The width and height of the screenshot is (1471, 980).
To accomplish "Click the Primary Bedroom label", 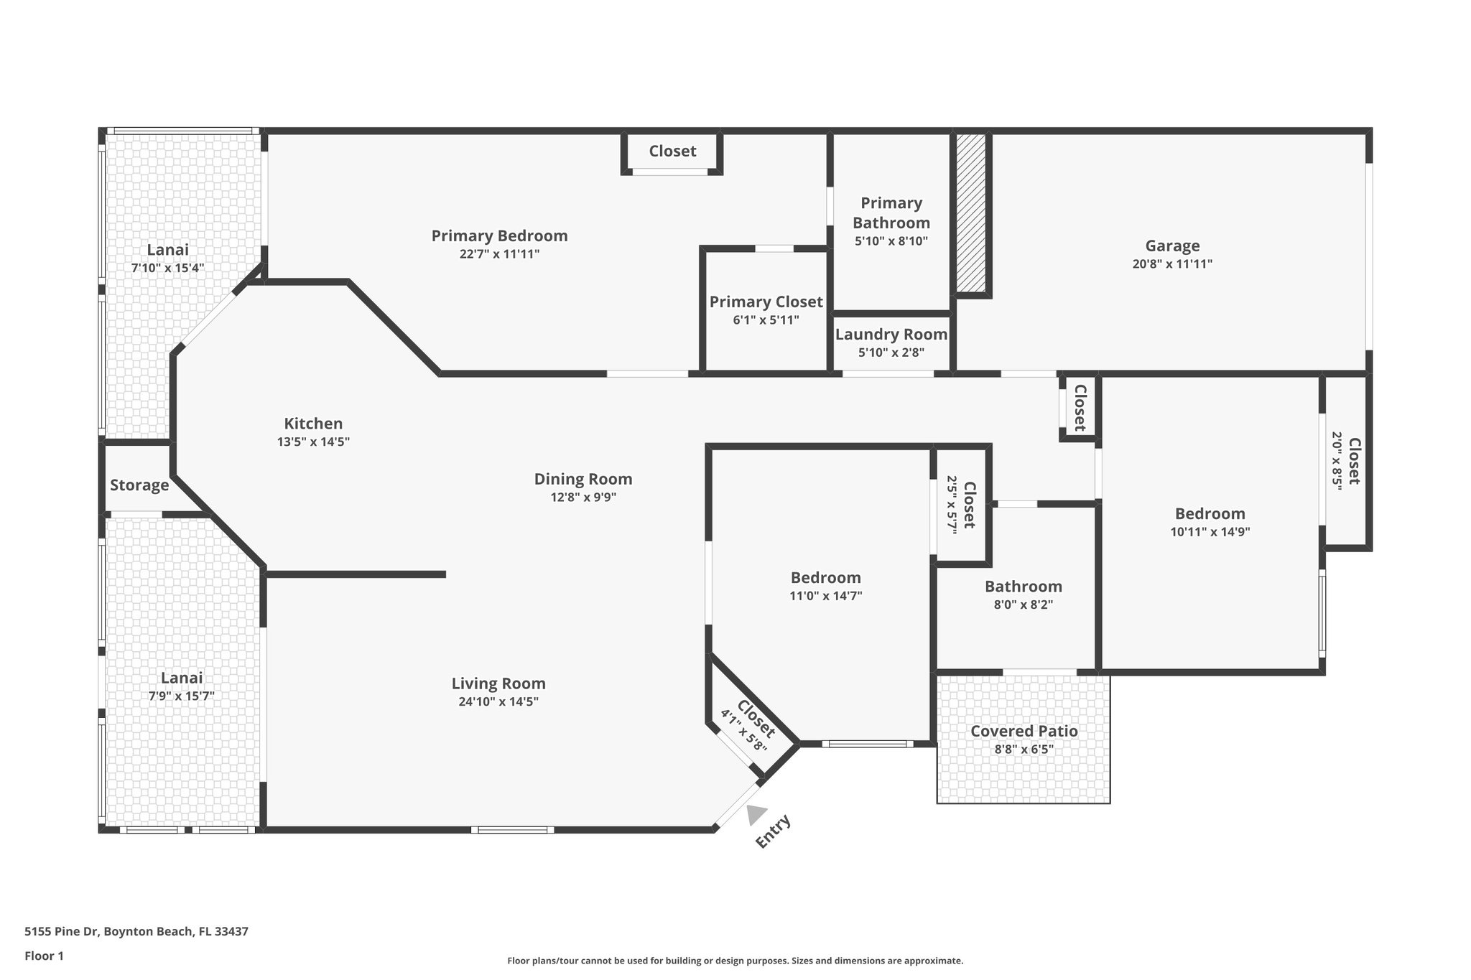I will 499,235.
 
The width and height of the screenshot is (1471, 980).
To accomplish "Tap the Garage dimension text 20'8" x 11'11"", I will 1172,264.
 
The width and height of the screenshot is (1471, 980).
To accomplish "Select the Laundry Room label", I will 891,335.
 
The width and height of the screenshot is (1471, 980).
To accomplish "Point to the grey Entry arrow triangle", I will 756,815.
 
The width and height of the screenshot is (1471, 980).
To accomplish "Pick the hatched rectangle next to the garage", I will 970,213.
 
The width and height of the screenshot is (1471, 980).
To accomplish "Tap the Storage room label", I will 139,485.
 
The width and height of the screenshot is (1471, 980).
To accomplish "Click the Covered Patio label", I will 1024,731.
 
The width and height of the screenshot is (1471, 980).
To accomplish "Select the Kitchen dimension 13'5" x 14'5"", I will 313,442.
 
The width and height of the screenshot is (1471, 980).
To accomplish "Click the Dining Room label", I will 583,479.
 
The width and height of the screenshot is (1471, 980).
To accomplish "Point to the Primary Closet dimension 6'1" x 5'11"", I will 766,320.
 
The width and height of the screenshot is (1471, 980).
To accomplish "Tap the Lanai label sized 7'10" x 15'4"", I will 167,250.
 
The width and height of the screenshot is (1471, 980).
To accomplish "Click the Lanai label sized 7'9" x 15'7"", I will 181,678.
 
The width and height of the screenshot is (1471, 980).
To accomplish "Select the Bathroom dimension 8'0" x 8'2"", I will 1023,605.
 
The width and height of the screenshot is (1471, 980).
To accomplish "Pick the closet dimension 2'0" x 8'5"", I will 1337,459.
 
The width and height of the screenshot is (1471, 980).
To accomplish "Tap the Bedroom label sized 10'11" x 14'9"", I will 1210,514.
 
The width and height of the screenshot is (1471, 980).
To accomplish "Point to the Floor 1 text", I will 45,956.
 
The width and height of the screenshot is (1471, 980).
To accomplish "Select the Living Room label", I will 498,683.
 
